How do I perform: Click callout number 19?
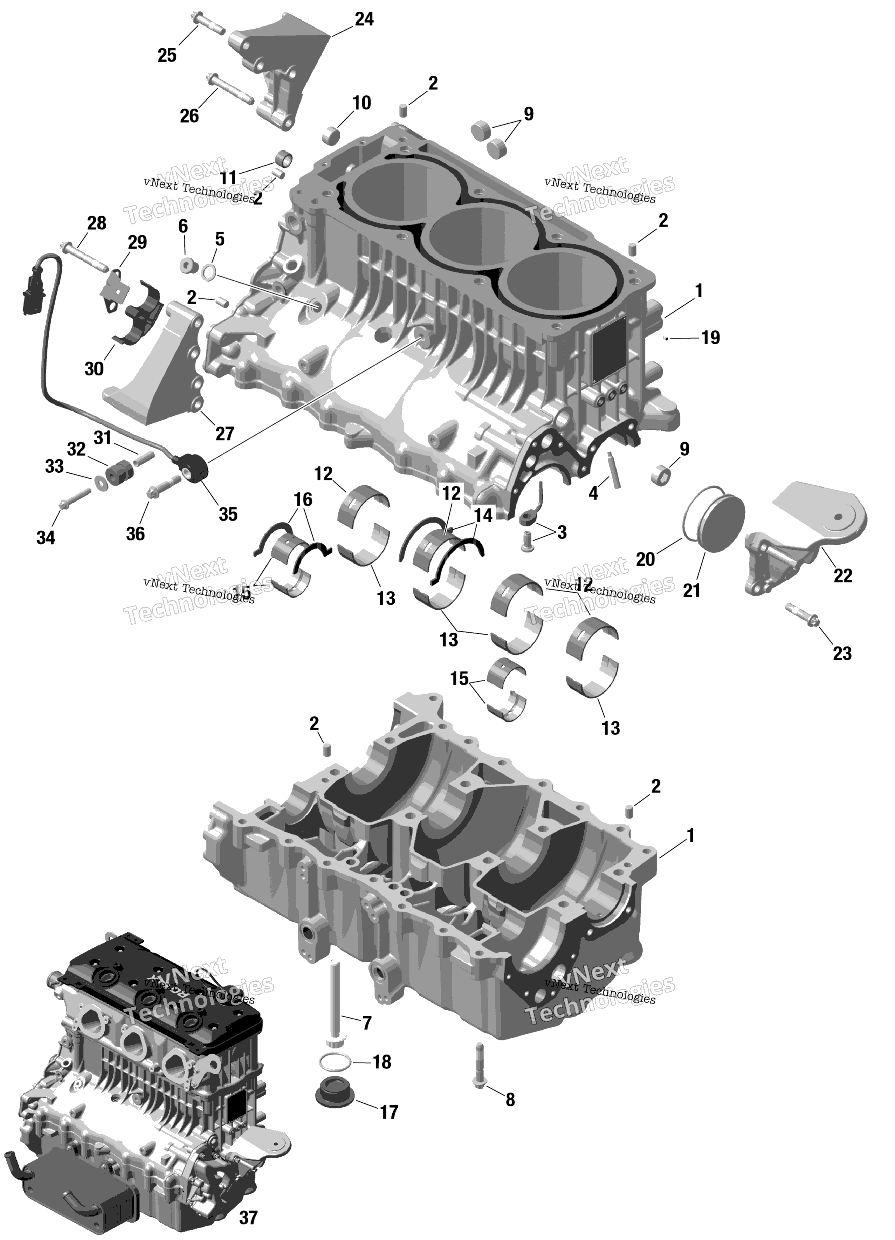[x=710, y=338]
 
